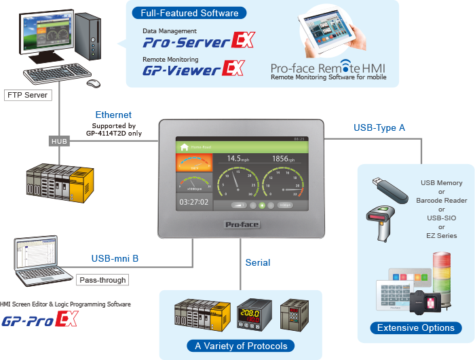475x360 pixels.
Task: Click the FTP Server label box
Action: (27, 95)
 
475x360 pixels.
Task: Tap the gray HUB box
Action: (60, 141)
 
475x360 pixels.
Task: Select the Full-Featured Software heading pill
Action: (180, 13)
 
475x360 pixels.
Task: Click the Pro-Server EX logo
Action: (198, 41)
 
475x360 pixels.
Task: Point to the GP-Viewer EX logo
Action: (193, 69)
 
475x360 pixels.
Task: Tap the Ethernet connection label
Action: (113, 115)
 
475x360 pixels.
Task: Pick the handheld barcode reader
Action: (384, 219)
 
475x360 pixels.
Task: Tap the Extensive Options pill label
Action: (416, 327)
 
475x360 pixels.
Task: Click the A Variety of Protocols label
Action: (241, 346)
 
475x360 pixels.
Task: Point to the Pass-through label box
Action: (102, 279)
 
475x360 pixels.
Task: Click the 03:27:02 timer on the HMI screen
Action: (193, 202)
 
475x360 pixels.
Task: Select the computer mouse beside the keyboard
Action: (92, 83)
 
